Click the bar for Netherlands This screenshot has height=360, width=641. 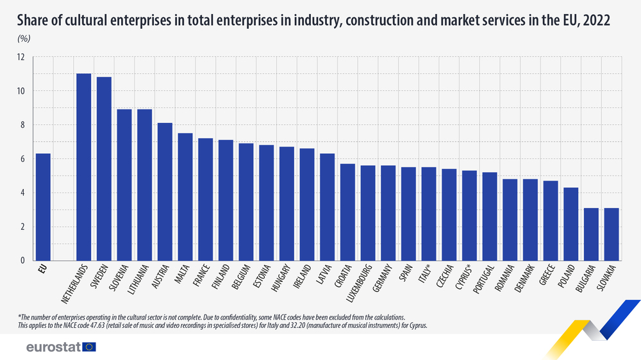(83, 167)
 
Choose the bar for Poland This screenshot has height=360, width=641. (570, 224)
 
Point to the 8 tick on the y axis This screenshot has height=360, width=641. (22, 125)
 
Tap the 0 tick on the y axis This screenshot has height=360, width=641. (22, 261)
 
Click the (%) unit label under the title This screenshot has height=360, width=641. (24, 38)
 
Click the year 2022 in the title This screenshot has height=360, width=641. (596, 21)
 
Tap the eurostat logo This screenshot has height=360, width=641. (60, 347)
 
